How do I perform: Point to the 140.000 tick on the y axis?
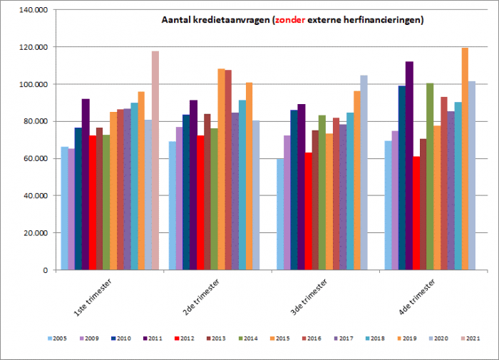[x=34, y=10]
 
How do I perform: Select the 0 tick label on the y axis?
[x=45, y=270]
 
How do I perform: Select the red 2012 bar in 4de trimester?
[x=416, y=213]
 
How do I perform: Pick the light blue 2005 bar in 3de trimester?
[x=280, y=214]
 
